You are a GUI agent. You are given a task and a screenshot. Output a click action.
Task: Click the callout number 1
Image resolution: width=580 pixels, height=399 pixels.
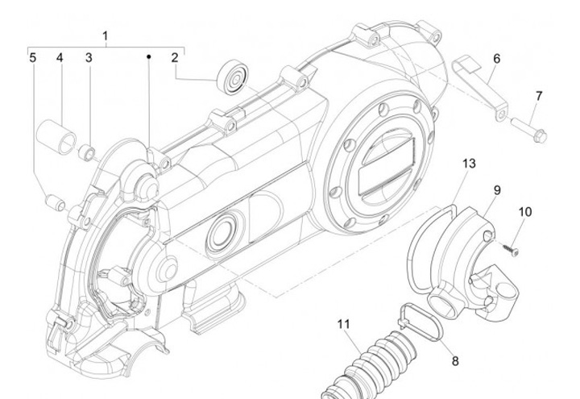(106, 35)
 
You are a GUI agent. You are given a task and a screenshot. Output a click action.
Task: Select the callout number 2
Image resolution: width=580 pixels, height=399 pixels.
(173, 57)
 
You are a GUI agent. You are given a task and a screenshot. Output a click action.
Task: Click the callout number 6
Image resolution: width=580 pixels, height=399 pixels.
(496, 58)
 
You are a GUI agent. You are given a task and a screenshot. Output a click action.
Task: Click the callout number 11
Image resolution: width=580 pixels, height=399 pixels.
(344, 324)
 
